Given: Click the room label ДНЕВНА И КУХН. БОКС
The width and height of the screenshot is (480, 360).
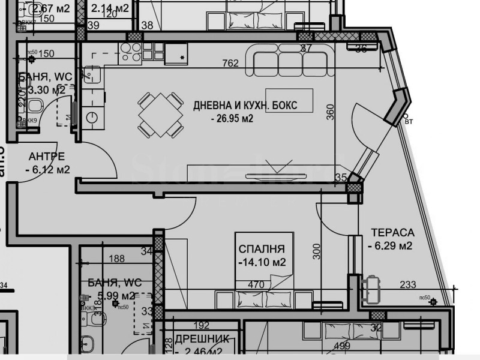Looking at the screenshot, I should click(x=245, y=106).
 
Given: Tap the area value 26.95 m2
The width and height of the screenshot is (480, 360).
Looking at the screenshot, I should click(x=232, y=119).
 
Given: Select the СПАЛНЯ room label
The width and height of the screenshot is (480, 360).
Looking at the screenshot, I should click(x=261, y=249).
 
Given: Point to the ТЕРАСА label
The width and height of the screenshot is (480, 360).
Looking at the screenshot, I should click(x=392, y=232).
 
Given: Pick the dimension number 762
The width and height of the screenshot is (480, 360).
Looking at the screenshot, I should click(x=230, y=63).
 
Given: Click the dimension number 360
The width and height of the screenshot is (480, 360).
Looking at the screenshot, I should click(x=330, y=113).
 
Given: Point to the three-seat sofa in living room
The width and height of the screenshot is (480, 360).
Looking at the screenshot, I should click(x=289, y=63).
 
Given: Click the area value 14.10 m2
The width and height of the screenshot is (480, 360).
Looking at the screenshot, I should click(x=261, y=262).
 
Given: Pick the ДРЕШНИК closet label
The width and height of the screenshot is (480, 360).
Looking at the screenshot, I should click(x=199, y=338).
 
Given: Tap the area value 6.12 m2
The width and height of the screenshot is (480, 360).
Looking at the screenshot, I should click(x=47, y=170).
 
